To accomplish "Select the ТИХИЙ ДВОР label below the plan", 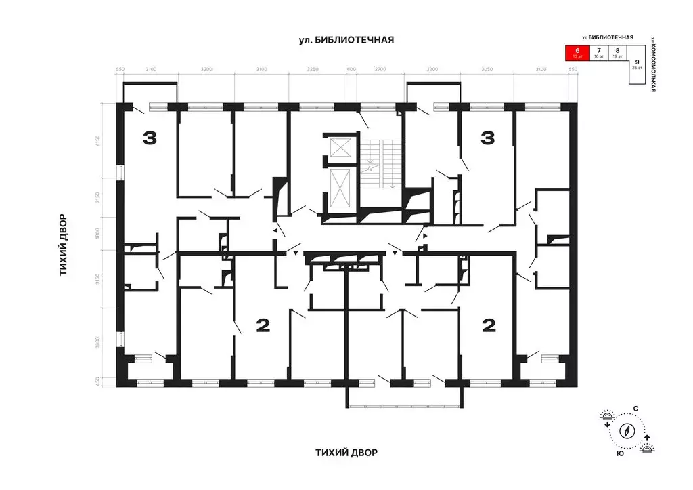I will coord(346,452).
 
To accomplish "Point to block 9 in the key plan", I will coord(637,64).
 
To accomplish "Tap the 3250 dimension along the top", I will coord(313,70).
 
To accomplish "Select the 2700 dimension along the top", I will coord(380,70).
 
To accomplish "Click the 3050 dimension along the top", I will coord(486,70).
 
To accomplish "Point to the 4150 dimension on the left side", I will coord(98,142).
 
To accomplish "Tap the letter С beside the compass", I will coord(635,408).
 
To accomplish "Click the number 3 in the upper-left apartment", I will coord(150,139).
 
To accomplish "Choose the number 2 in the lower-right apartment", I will coord(488,326).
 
